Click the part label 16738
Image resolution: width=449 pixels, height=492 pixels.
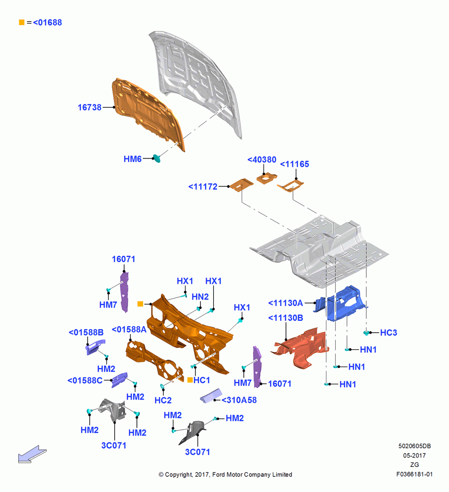tap(90, 107)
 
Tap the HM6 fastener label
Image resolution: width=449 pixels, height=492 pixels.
tap(132, 159)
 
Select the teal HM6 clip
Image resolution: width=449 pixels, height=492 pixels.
tap(156, 158)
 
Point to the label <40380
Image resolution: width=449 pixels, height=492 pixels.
tap(261, 160)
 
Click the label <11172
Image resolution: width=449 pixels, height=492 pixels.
tap(203, 186)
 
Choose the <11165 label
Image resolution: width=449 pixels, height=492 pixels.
tap(294, 164)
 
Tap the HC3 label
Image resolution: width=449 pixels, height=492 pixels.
tap(388, 333)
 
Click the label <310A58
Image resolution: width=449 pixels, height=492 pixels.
tap(239, 400)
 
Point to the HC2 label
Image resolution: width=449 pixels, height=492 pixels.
tap(163, 400)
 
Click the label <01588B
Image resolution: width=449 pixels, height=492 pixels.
tap(86, 332)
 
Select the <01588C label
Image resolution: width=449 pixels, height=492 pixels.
tap(85, 380)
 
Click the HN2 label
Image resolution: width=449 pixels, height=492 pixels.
tap(200, 297)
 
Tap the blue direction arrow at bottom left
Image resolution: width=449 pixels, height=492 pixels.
tap(32, 454)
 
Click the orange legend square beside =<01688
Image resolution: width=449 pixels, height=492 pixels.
tap(22, 22)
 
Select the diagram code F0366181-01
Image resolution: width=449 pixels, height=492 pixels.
tap(414, 474)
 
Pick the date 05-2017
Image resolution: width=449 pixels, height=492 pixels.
tap(415, 455)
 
